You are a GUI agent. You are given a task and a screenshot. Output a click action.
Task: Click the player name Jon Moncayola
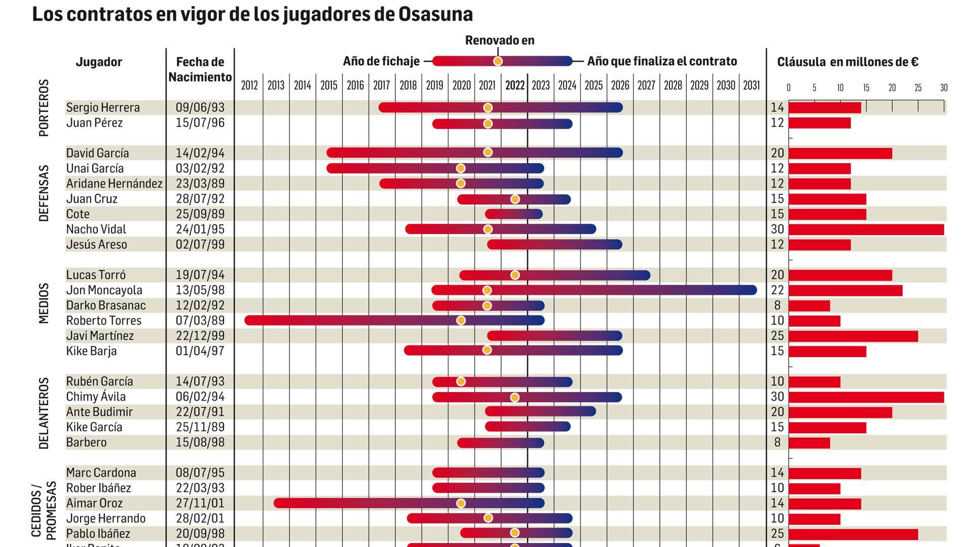[104, 290]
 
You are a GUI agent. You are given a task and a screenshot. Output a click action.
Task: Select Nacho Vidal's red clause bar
[866, 229]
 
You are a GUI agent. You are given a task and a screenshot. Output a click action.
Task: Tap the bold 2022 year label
[514, 86]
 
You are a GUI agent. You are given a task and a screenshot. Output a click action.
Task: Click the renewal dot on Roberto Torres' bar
[461, 321]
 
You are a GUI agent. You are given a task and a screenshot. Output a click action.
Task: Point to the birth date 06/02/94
[200, 397]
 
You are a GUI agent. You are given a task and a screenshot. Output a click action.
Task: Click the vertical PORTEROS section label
[44, 108]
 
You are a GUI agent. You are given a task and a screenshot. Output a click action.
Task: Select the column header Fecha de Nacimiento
[200, 69]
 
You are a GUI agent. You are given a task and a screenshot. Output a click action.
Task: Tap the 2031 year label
[751, 86]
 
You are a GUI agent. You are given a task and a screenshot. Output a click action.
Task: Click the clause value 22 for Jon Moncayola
[777, 290]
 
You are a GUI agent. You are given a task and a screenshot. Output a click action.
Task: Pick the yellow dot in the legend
[498, 61]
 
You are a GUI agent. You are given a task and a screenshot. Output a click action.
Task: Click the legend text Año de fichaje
[381, 61]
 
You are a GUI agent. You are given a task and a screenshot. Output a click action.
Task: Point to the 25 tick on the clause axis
[918, 88]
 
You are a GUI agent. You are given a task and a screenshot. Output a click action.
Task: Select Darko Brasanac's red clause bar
[809, 306]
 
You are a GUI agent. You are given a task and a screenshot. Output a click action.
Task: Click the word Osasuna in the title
[435, 14]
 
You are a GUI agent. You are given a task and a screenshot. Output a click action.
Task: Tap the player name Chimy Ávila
[96, 397]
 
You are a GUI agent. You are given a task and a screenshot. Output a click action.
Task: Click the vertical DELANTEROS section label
[44, 413]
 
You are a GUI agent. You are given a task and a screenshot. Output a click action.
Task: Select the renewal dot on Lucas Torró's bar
[515, 275]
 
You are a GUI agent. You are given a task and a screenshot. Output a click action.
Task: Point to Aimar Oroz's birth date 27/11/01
[200, 503]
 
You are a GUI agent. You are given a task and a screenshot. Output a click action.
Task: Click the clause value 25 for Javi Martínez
[777, 336]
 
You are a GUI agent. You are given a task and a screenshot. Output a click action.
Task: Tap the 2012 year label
[249, 86]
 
